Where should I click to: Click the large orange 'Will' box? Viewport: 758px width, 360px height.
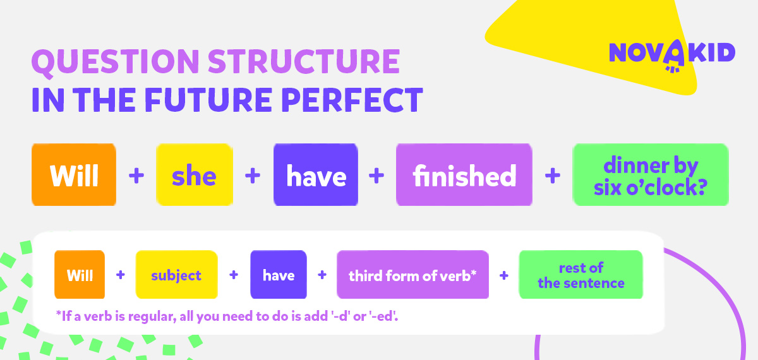74,174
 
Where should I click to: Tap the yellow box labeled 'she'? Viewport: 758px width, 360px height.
195,174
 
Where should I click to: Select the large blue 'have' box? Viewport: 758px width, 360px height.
316,174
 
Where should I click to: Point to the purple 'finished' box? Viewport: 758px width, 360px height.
464,174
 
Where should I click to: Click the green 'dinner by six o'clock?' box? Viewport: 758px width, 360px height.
651,174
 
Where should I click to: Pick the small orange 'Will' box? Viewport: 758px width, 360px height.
80,274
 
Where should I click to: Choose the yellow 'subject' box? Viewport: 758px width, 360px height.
177,274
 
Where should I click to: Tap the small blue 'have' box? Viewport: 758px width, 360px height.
279,274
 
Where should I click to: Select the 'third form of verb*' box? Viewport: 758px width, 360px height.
413,274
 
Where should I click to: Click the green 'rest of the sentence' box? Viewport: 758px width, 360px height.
581,274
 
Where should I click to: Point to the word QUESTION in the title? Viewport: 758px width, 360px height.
116,62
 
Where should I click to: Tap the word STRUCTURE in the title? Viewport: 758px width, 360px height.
304,61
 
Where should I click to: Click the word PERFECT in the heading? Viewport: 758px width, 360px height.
352,100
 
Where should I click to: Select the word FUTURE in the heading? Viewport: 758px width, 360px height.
208,100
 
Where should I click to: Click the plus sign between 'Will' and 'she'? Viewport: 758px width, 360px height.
136,176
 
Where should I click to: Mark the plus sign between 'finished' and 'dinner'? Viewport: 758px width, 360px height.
553,176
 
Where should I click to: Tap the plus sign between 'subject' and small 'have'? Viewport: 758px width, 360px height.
234,275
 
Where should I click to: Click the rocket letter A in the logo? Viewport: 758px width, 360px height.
675,56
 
